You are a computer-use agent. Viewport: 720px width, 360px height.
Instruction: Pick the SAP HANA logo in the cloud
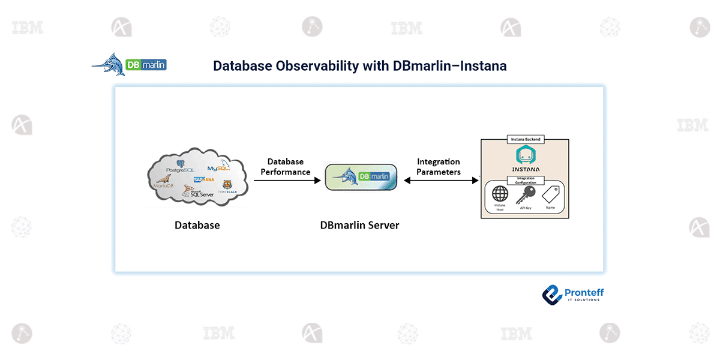(x=204, y=179)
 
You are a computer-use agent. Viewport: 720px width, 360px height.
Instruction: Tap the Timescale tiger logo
(x=227, y=186)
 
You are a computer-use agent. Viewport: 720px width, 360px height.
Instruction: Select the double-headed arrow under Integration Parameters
(x=441, y=181)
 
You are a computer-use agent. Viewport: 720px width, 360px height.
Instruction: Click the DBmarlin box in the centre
(x=361, y=177)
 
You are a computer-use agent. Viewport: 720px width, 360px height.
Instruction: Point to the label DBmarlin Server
(x=360, y=226)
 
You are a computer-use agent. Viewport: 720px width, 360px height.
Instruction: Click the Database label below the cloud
(x=197, y=226)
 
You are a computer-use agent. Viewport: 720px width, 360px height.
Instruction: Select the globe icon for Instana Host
(x=500, y=194)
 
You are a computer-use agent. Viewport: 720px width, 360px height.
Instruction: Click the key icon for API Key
(x=526, y=194)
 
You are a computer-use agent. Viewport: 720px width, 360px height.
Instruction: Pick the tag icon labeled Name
(x=550, y=194)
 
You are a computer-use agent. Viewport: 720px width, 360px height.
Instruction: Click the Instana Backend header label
(x=525, y=139)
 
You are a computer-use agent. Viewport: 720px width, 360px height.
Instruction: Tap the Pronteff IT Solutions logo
(x=573, y=293)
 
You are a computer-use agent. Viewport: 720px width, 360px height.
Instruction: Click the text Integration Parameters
(x=439, y=167)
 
